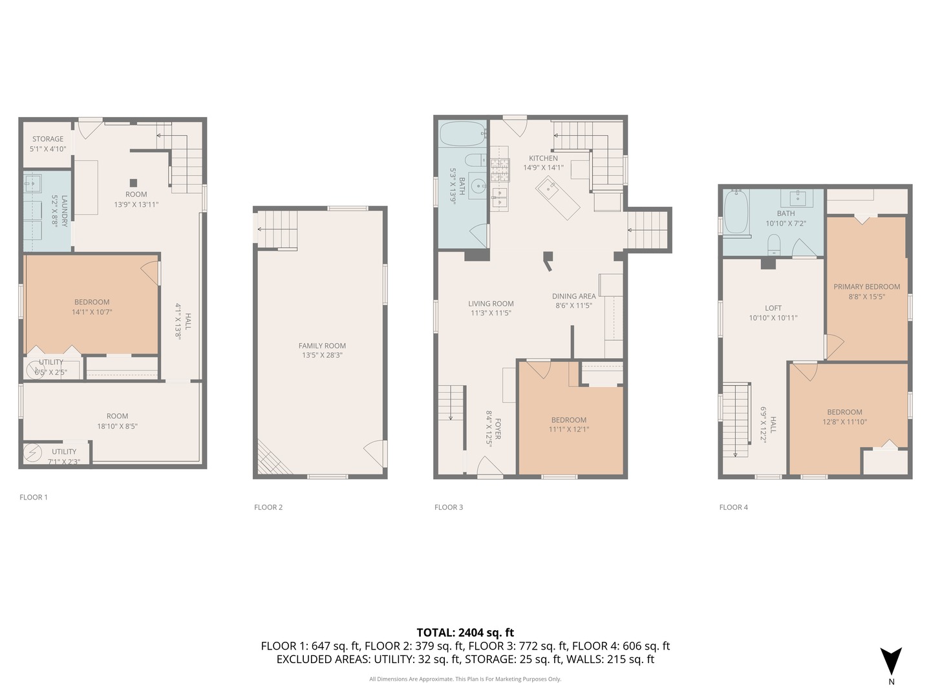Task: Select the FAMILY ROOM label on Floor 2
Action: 322,346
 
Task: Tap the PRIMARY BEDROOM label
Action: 866,287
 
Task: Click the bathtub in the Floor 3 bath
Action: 462,135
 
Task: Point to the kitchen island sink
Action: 551,188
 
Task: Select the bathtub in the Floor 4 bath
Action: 736,211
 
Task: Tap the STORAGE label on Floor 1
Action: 48,139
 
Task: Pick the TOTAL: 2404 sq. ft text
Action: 465,633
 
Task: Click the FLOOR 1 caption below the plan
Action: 34,497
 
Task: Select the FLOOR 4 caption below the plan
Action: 733,507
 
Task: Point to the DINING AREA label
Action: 573,297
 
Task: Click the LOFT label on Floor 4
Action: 773,308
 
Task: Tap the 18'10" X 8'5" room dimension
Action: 117,426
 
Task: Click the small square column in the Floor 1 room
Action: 133,183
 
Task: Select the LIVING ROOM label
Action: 491,304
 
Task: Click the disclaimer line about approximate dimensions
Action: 465,679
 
